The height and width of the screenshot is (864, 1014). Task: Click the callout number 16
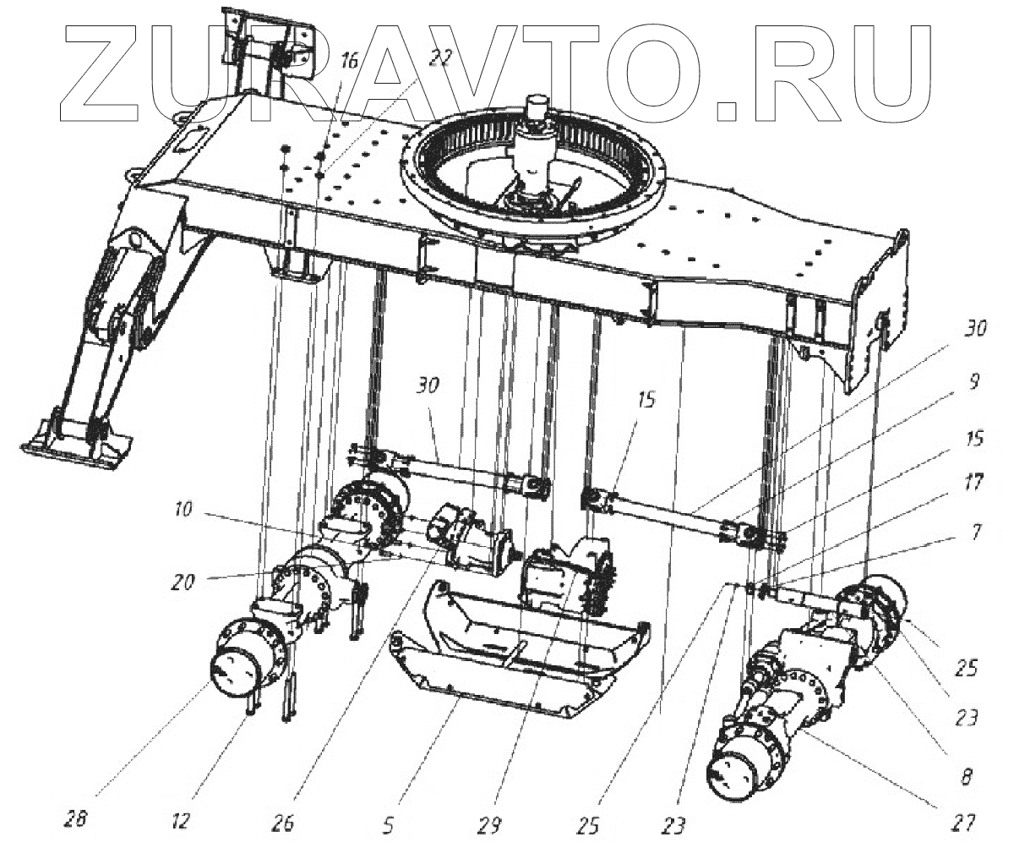(x=350, y=61)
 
